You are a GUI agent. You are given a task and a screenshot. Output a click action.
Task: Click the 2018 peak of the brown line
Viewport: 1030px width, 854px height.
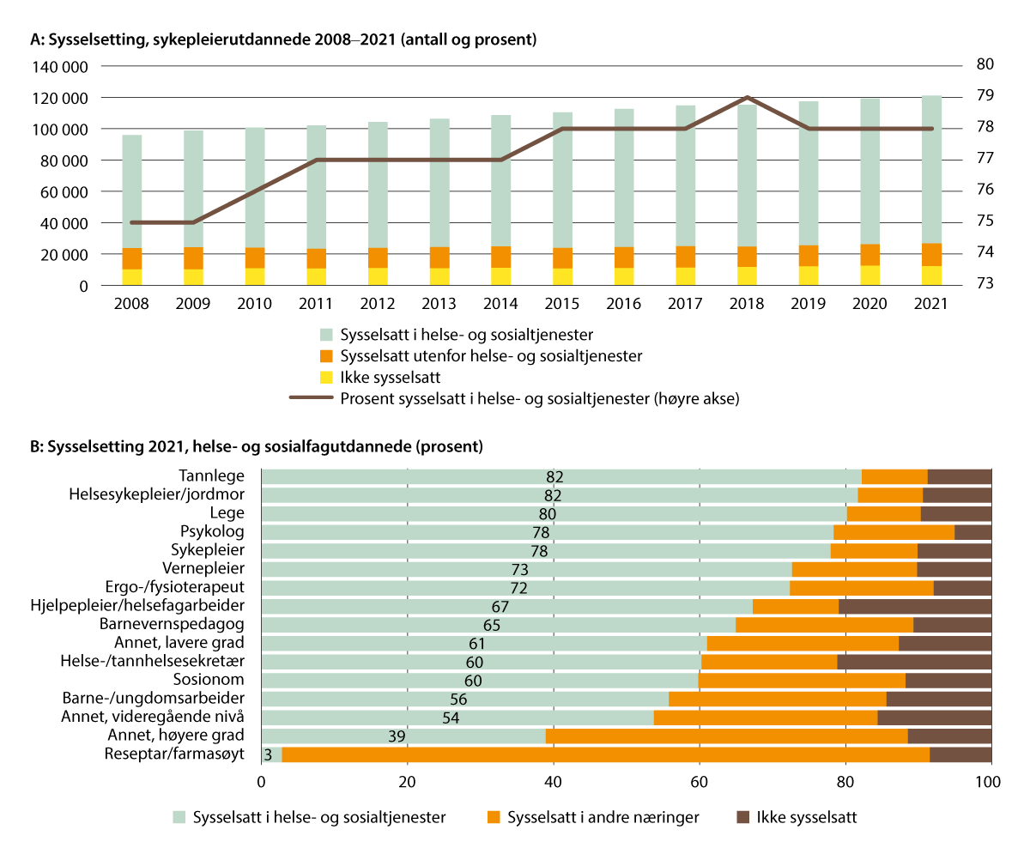click(x=748, y=97)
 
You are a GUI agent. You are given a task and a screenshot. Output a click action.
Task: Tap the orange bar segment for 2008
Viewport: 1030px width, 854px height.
click(x=132, y=258)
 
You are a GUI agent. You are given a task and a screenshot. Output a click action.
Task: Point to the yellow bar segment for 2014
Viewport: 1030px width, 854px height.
click(x=501, y=276)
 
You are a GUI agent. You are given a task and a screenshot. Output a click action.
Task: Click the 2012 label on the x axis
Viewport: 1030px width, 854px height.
click(x=378, y=303)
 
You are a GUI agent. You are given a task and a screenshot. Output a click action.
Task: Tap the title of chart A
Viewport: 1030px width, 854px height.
click(x=283, y=39)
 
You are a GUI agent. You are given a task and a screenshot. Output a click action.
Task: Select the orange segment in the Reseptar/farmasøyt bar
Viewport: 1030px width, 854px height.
click(x=605, y=754)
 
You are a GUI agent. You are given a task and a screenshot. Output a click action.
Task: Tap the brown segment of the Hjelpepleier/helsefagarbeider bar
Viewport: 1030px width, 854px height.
click(x=915, y=607)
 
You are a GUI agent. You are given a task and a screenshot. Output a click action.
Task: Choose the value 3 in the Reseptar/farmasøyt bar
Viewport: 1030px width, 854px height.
click(x=268, y=754)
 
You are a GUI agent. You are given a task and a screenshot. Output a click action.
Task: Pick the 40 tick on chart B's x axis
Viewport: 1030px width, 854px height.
click(x=554, y=782)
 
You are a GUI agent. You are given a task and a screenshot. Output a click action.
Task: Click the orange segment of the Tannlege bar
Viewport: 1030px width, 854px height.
click(x=894, y=476)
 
